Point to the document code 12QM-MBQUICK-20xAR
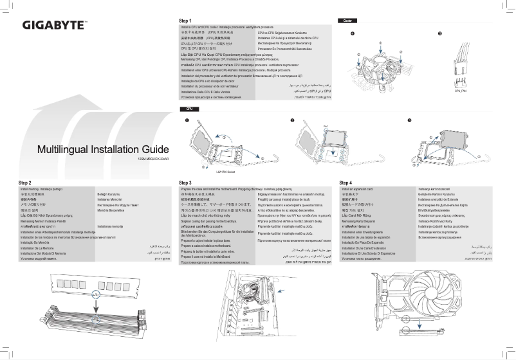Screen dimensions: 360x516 click(x=154, y=159)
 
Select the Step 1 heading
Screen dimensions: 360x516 click(x=185, y=21)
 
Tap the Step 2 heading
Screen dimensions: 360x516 click(x=26, y=183)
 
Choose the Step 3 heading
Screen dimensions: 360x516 click(x=185, y=183)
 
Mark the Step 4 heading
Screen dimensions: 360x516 click(x=346, y=183)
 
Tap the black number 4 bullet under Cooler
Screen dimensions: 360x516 click(x=352, y=33)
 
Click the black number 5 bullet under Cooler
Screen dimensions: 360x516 click(x=439, y=33)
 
